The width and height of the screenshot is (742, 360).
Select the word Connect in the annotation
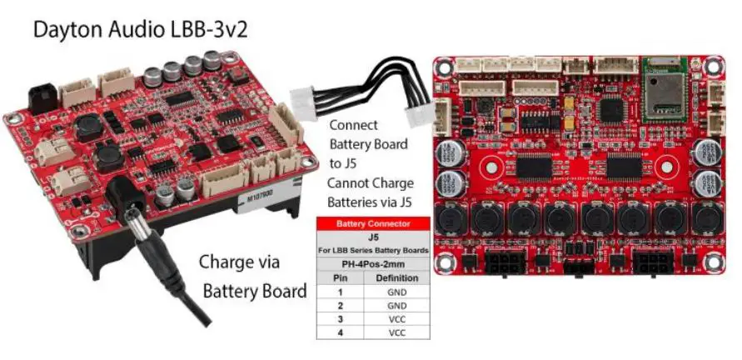353,125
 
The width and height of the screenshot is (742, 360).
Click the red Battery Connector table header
373,224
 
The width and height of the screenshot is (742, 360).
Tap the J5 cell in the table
373,237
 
